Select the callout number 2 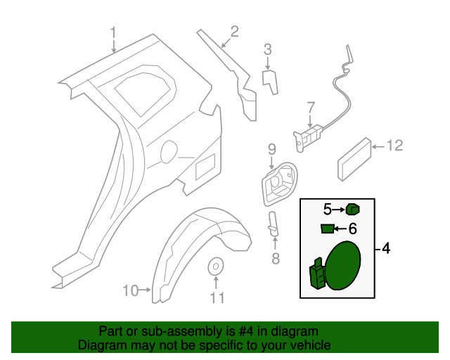(234, 31)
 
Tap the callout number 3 (268, 49)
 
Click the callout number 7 (311, 108)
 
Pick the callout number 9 (272, 149)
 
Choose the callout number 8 (275, 259)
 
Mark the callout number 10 (131, 290)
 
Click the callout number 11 (217, 298)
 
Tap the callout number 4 (385, 249)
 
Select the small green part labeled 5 (353, 209)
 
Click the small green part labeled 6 (327, 228)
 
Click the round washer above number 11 (217, 266)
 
